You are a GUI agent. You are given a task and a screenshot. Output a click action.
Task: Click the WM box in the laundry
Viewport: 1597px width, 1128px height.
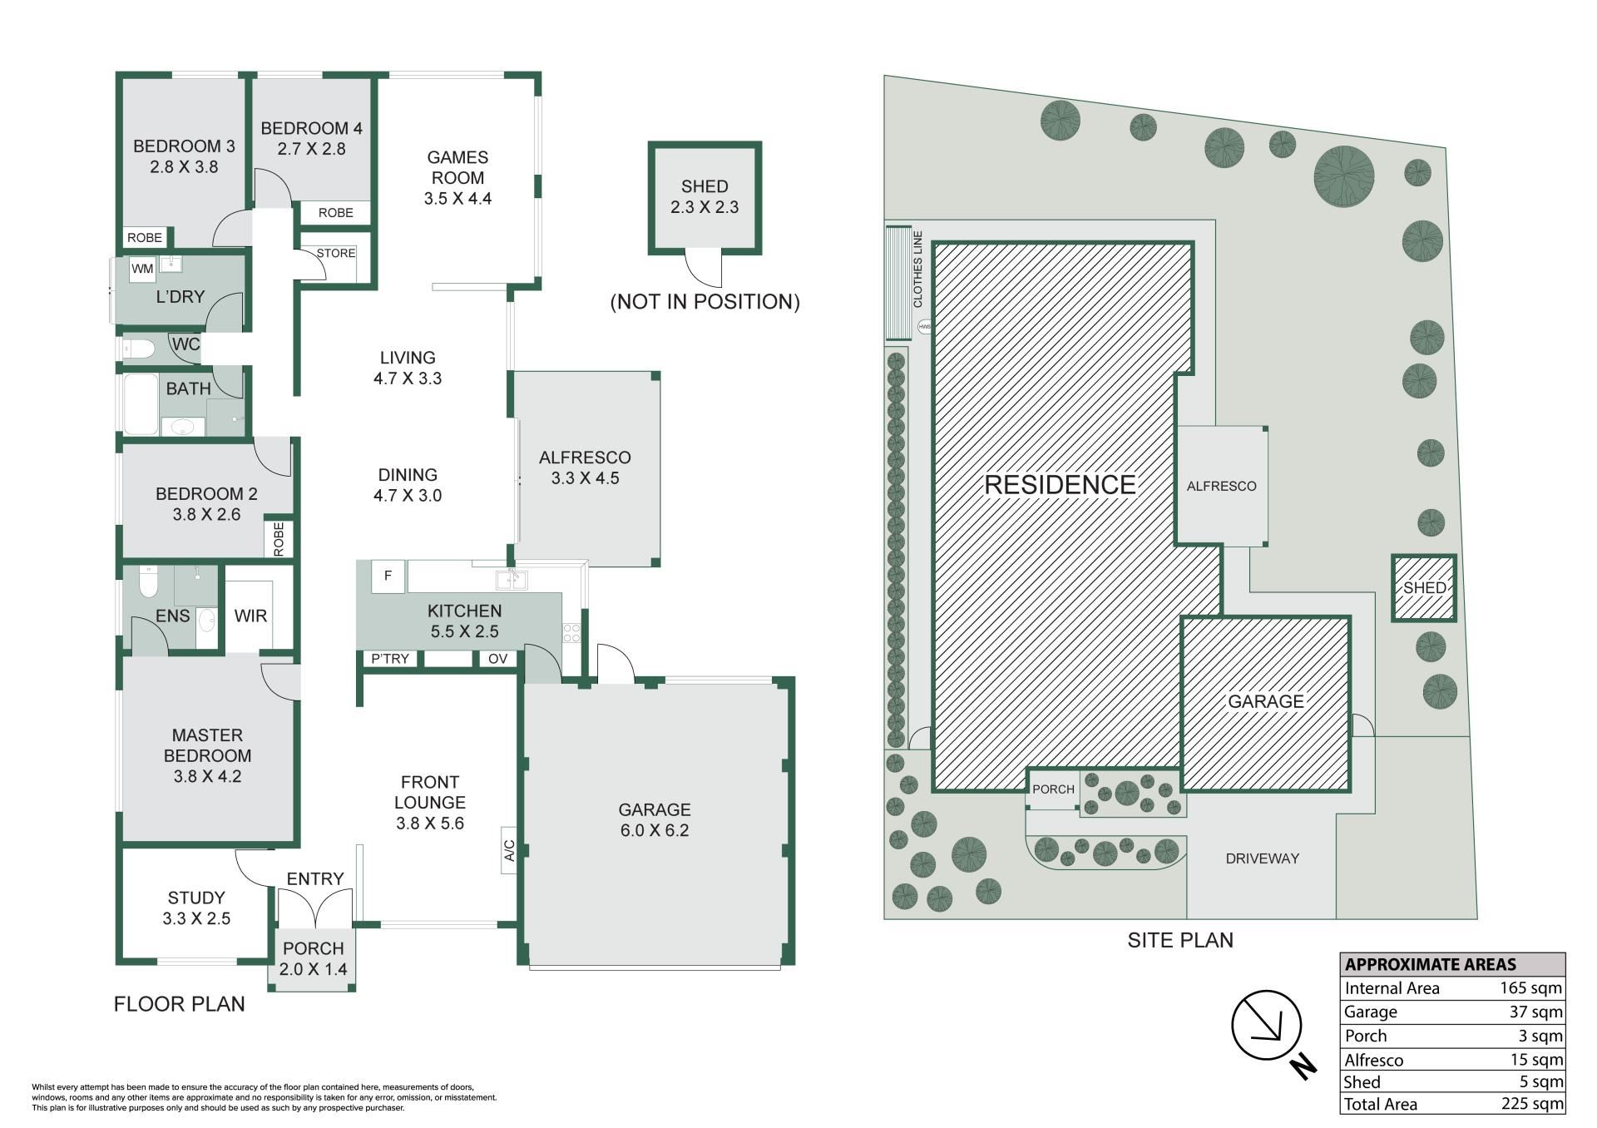(x=142, y=269)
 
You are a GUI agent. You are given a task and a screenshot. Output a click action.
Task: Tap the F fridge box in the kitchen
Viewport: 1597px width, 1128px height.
(x=388, y=576)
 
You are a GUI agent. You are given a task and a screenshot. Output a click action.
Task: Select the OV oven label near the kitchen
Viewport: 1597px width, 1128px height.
(x=497, y=659)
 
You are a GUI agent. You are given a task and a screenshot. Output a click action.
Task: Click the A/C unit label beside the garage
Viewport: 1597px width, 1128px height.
(x=510, y=850)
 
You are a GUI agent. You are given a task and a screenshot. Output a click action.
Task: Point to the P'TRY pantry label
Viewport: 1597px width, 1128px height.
(x=390, y=659)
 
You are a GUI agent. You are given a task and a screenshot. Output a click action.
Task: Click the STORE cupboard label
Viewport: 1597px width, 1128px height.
(x=336, y=253)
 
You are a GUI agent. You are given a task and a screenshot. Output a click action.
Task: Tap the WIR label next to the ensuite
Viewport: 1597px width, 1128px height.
(x=250, y=616)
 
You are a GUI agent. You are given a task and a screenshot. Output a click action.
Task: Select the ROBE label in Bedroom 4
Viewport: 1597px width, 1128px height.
(x=336, y=213)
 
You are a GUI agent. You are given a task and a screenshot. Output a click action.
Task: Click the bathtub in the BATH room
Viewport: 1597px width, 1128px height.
(x=141, y=404)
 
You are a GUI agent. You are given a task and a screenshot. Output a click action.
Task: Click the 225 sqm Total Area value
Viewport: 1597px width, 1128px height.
(x=1531, y=1105)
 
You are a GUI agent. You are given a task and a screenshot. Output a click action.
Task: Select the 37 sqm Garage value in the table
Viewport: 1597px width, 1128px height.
(x=1536, y=1012)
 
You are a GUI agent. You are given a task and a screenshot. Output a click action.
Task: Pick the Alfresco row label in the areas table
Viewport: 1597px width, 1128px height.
(x=1374, y=1060)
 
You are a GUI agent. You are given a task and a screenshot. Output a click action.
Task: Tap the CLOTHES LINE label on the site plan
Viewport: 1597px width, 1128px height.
(x=919, y=270)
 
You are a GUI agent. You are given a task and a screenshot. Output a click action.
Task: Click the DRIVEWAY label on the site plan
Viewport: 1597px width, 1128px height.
(x=1263, y=858)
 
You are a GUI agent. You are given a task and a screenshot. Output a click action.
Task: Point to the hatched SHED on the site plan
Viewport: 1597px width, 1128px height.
(x=1424, y=588)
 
